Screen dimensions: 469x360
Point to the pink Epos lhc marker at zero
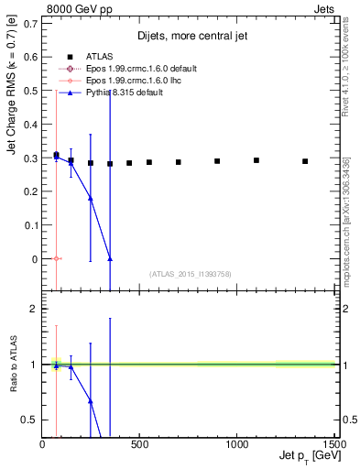tap(56, 258)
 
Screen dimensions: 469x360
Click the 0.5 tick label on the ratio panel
tap(30, 420)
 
